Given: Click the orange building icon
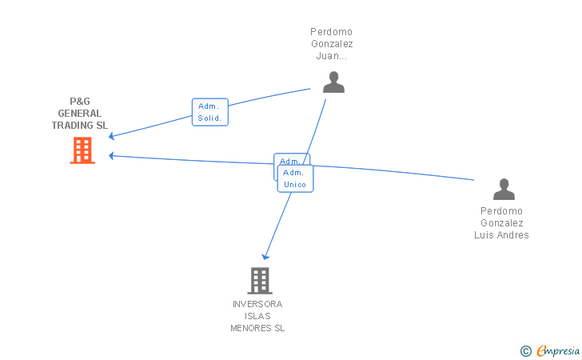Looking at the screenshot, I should coord(82,150).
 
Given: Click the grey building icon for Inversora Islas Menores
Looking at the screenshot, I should coord(259,281).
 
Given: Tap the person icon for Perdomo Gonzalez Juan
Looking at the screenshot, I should coord(333,82).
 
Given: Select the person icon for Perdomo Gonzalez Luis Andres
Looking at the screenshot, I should coord(504,190).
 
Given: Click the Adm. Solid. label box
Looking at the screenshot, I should coord(210,112).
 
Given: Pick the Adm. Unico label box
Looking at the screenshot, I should coord(295,178).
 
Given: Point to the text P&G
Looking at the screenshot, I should coord(80,102).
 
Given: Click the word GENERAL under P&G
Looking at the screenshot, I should coord(80,114).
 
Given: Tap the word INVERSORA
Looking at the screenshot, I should coord(257,304).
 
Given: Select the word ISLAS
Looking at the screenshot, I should coord(257,316).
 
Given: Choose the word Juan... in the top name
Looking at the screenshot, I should coord(332,57).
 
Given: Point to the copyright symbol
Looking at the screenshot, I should coord(525,350).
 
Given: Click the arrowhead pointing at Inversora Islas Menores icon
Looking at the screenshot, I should coord(265,256).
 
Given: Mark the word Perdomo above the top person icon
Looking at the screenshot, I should coord(332,32).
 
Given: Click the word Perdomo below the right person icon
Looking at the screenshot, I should coord(502,211).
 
